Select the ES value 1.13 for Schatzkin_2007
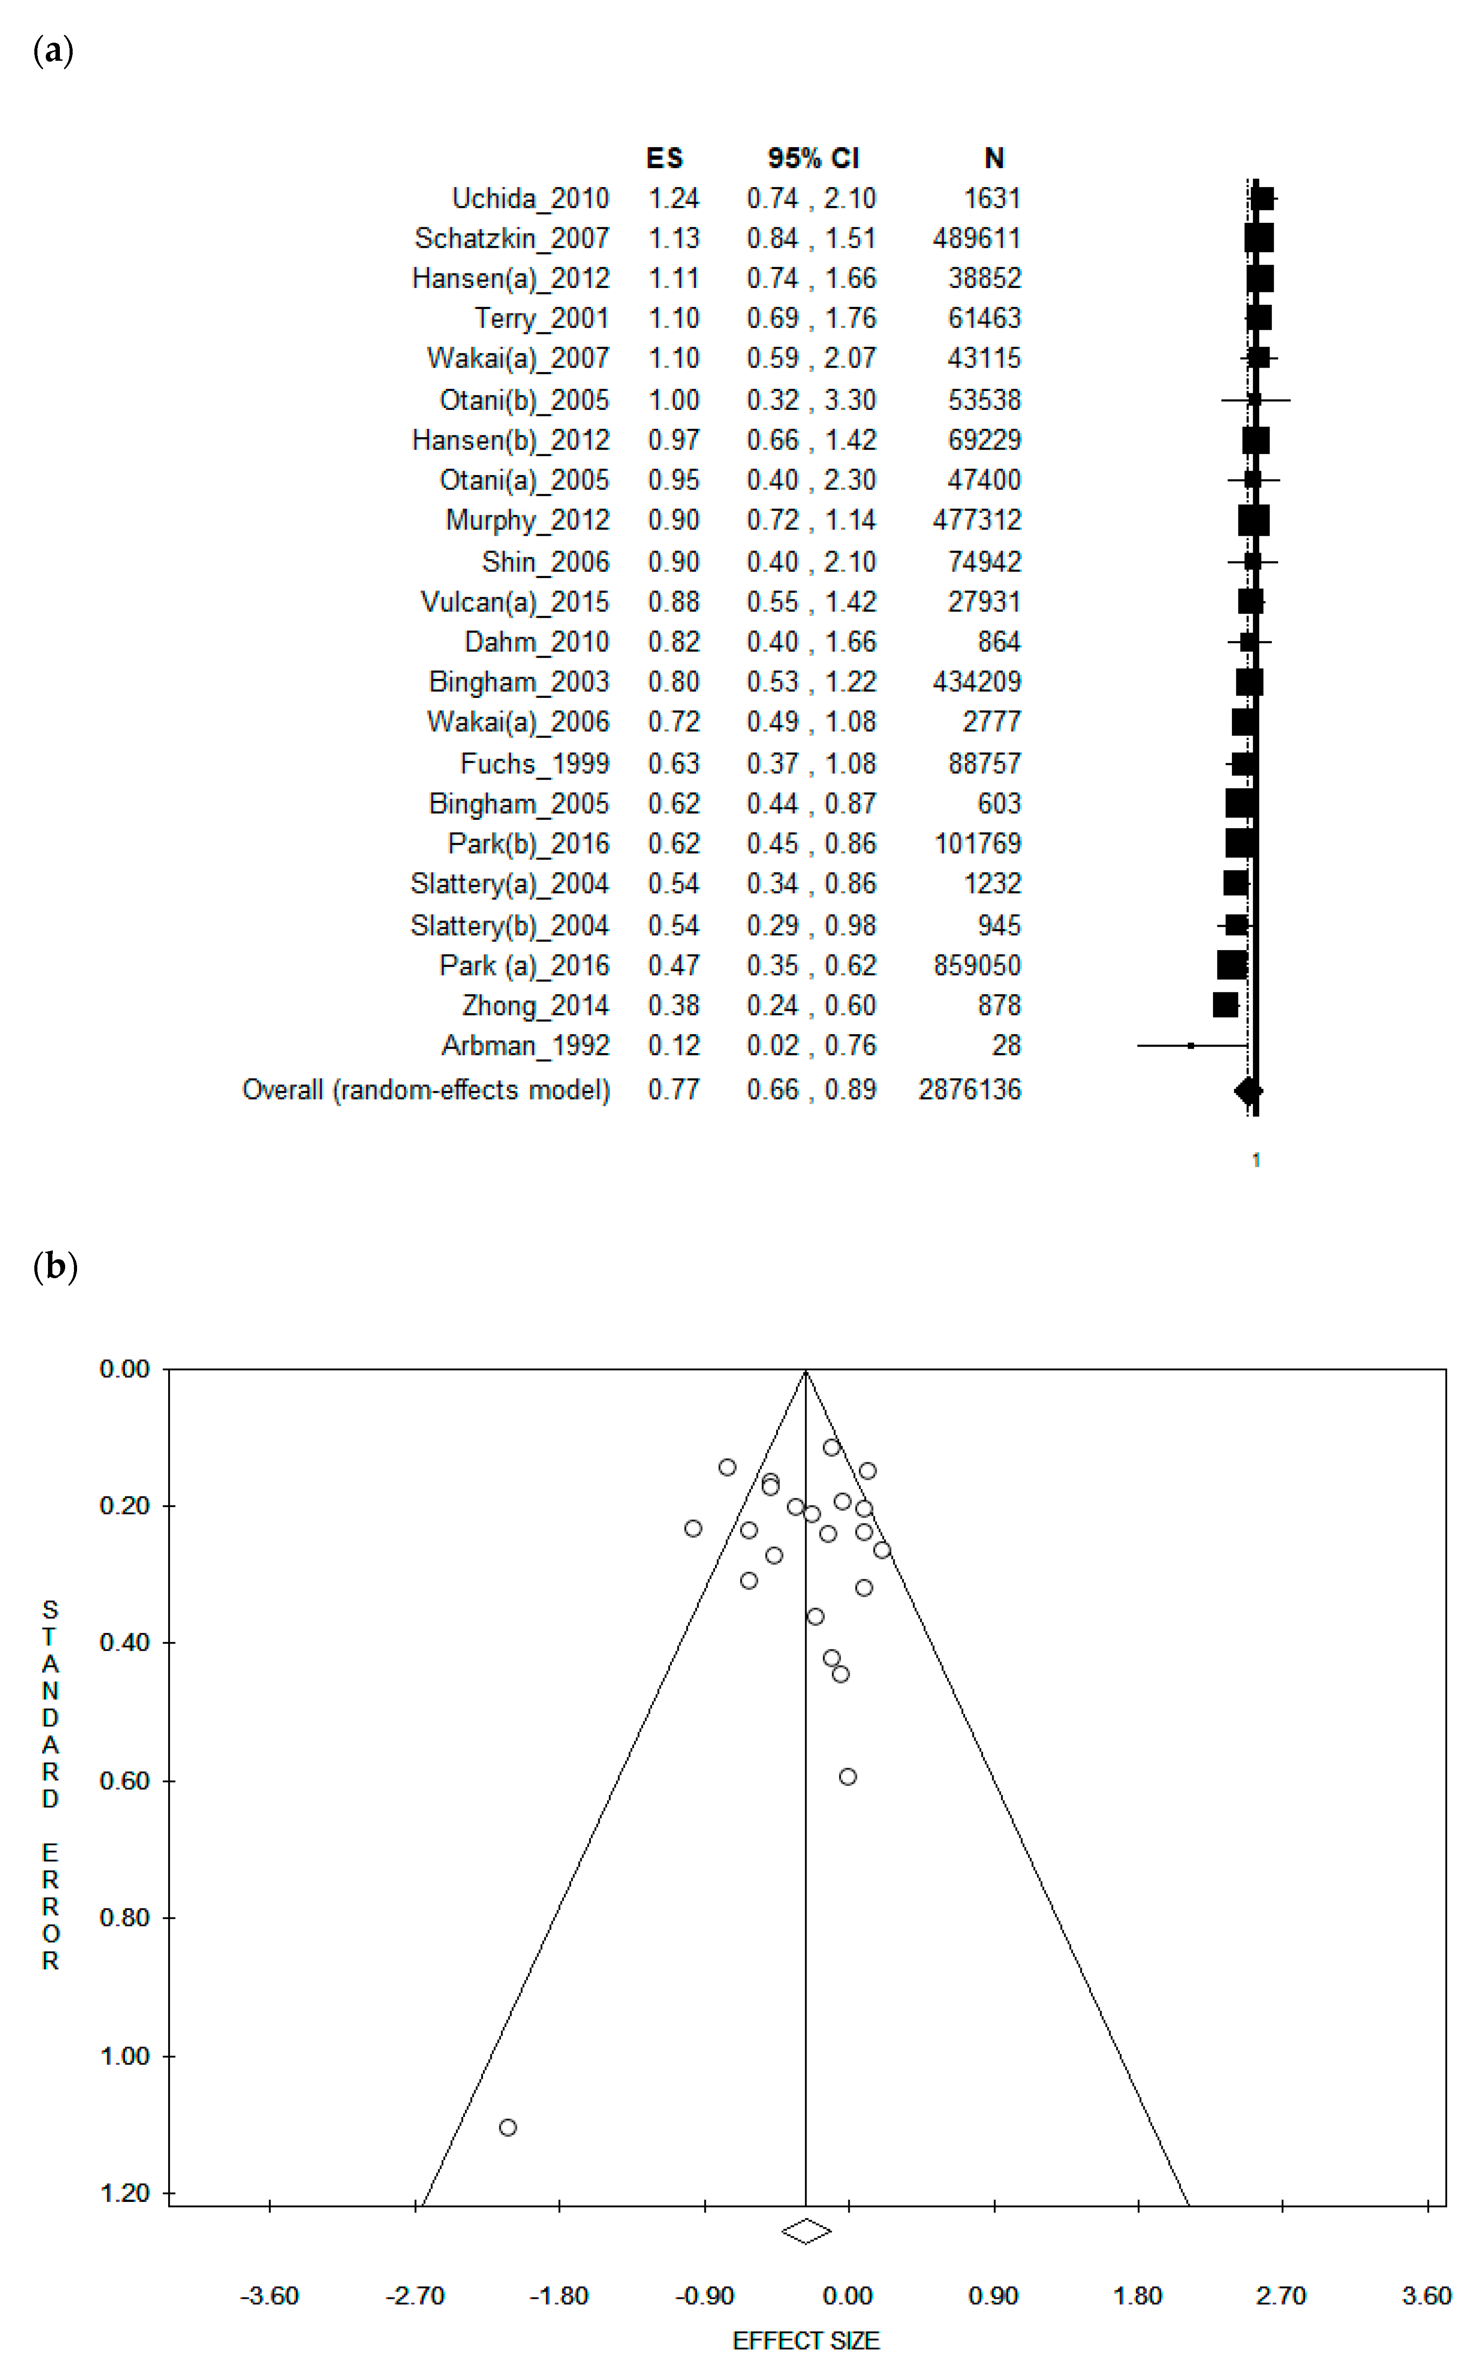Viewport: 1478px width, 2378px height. [x=674, y=239]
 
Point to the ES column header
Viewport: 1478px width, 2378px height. [x=665, y=159]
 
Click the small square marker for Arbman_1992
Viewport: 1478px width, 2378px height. [x=1191, y=1046]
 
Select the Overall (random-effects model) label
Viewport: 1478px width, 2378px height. [x=426, y=1090]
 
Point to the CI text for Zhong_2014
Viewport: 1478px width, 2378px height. [x=811, y=1006]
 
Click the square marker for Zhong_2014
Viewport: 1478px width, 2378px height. [x=1225, y=1005]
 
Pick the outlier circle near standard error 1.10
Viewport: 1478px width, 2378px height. [x=507, y=2128]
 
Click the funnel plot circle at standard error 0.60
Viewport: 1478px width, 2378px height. [x=848, y=1777]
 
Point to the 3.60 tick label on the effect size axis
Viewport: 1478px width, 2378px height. [x=1426, y=2296]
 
